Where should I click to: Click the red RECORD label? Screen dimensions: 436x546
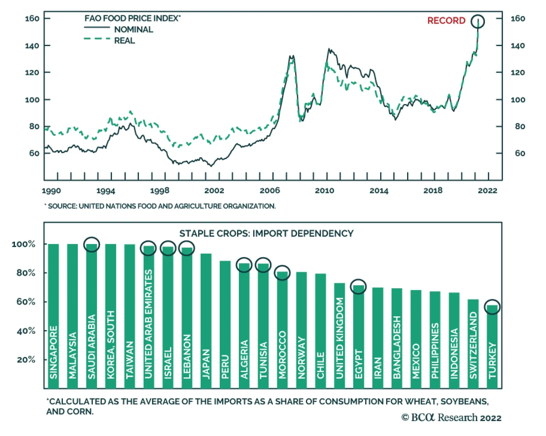tap(446, 21)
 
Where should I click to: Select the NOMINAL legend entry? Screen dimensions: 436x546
tap(133, 30)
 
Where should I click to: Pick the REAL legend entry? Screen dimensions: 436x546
tap(124, 41)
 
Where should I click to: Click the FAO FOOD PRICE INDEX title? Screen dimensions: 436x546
tap(132, 18)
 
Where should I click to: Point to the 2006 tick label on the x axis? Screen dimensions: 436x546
tap(270, 191)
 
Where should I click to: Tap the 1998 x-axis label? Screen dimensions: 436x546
tap(160, 191)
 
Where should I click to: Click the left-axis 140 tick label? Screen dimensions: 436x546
tap(32, 46)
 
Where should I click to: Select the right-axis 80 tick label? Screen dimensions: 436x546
tap(520, 126)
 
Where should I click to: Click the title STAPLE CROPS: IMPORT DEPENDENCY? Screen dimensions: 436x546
tap(266, 234)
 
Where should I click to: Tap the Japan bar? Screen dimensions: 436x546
tap(206, 320)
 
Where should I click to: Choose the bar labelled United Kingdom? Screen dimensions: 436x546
tap(339, 335)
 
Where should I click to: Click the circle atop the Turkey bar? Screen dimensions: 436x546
tap(492, 307)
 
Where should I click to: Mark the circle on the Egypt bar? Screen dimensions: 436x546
tap(358, 287)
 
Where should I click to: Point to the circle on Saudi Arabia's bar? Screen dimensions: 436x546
tap(91, 244)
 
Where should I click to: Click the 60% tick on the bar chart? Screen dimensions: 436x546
tap(26, 302)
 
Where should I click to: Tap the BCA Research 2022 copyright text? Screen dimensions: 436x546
tap(451, 418)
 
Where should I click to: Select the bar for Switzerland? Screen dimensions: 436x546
tap(473, 344)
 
